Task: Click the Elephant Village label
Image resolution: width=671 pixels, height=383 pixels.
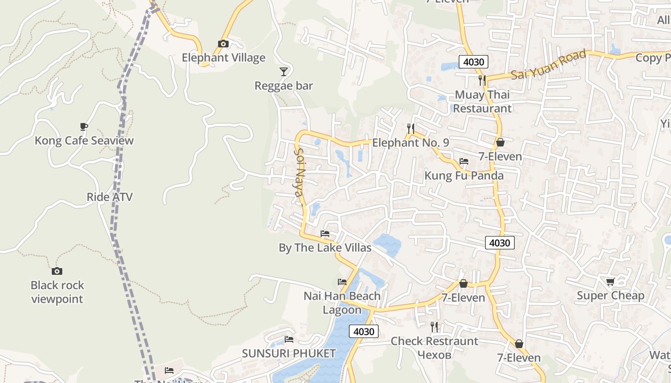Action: click(x=223, y=58)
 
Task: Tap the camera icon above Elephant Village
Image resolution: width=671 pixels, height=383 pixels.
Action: click(x=223, y=44)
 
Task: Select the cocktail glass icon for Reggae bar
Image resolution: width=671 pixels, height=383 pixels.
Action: click(x=284, y=72)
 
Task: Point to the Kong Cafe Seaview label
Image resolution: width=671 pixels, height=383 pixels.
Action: click(x=84, y=141)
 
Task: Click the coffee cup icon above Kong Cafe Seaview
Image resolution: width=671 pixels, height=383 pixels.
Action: click(x=84, y=127)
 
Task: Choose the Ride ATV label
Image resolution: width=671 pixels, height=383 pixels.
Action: click(x=110, y=197)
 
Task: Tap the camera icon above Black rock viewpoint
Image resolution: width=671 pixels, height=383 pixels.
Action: click(x=57, y=271)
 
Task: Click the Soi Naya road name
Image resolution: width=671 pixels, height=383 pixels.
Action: click(x=299, y=172)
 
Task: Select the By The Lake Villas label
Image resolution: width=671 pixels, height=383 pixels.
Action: click(x=325, y=248)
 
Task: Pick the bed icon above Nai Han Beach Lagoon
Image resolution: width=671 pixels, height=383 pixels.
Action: click(x=342, y=282)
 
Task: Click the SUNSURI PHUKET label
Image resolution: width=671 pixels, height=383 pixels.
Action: click(x=289, y=354)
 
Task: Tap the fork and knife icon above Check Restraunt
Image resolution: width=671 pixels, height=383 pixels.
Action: click(x=434, y=327)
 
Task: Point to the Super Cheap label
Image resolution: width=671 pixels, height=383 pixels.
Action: click(x=611, y=295)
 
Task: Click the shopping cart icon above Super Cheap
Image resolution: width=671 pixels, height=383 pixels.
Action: click(x=610, y=282)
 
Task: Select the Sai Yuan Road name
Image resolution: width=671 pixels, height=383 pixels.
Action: click(x=548, y=65)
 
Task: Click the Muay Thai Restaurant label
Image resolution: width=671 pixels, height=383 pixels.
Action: click(x=483, y=101)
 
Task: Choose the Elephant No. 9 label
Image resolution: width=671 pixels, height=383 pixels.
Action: click(x=410, y=143)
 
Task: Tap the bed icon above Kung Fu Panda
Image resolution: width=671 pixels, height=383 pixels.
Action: click(x=464, y=161)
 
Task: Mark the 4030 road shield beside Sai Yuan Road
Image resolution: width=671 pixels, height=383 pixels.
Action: click(x=474, y=62)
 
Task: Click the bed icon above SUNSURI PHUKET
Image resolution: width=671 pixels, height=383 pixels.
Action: click(x=289, y=339)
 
